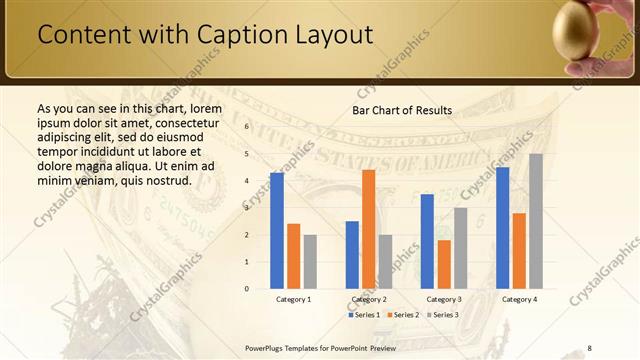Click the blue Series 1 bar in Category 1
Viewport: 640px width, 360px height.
tap(277, 231)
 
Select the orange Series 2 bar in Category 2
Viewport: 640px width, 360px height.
tap(368, 229)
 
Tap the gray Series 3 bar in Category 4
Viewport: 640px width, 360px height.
tap(536, 221)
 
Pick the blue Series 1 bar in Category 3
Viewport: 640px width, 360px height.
tap(427, 241)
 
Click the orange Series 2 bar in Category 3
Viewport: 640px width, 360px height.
tap(444, 264)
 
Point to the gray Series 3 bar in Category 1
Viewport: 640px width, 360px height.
tap(311, 262)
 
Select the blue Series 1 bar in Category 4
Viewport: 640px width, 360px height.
tap(502, 228)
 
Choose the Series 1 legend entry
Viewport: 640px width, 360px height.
tap(365, 315)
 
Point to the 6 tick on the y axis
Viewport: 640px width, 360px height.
tap(246, 127)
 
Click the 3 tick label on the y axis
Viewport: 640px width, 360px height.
tap(246, 208)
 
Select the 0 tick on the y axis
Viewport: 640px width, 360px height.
tap(246, 289)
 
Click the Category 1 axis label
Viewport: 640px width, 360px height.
tap(294, 299)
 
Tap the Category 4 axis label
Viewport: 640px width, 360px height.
tap(519, 299)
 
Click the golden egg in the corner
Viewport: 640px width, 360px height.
tap(577, 30)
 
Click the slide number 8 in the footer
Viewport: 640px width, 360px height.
tap(590, 347)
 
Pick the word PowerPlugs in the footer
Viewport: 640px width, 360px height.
tap(265, 347)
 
